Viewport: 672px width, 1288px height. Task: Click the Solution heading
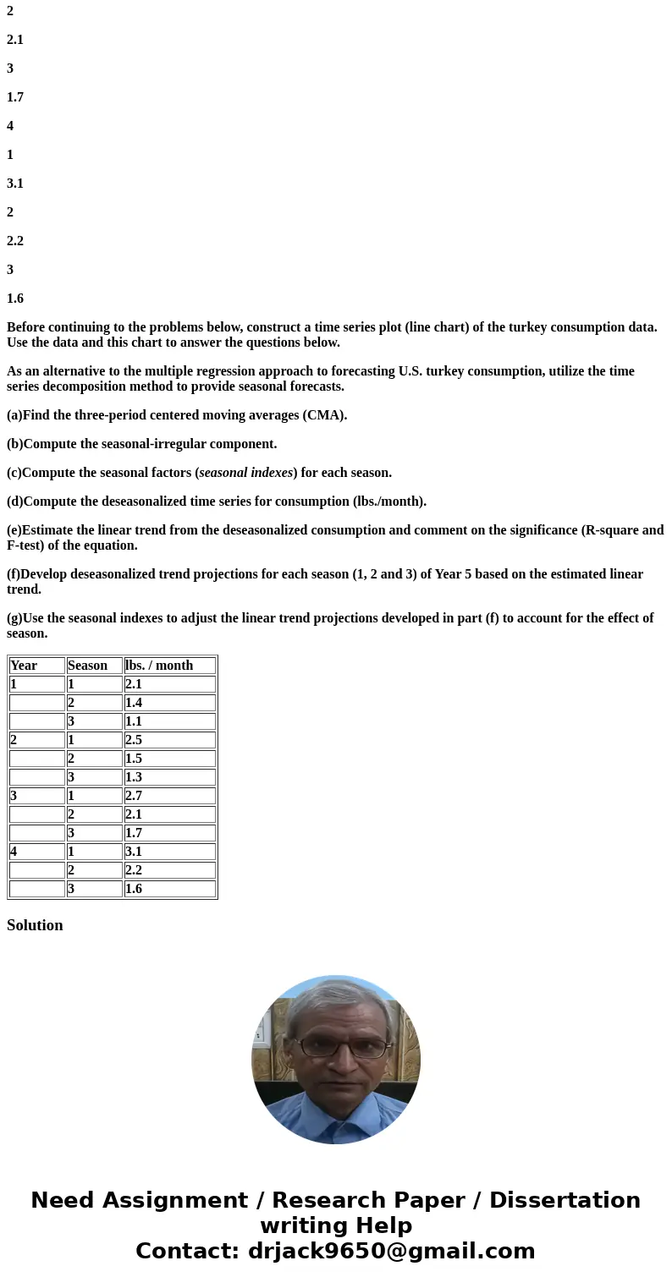[35, 925]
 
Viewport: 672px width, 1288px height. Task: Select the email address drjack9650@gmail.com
[391, 1251]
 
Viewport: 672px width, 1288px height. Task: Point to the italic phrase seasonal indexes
[245, 473]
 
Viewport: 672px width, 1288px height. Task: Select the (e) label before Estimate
[14, 530]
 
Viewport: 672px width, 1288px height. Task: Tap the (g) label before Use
[14, 618]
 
